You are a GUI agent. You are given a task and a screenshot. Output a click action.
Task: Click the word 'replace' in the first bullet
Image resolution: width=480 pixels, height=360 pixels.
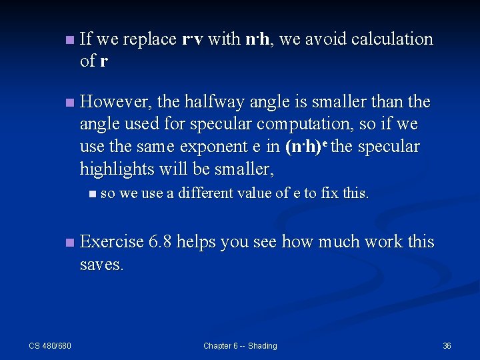point(149,39)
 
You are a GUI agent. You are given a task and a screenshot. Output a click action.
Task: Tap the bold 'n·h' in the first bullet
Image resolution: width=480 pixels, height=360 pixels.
point(257,39)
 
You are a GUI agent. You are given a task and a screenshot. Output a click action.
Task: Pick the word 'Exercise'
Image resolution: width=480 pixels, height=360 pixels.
point(111,241)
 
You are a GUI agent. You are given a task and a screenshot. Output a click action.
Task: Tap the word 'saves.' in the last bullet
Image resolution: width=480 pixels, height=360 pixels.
point(101,264)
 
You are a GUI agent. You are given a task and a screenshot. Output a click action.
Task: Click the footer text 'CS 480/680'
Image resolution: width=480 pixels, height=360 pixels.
point(50,345)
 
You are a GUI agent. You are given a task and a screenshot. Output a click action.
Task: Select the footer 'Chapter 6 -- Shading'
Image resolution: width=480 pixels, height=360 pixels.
point(240,345)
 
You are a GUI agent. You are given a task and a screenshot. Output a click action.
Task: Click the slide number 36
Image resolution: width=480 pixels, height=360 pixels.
point(447,345)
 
